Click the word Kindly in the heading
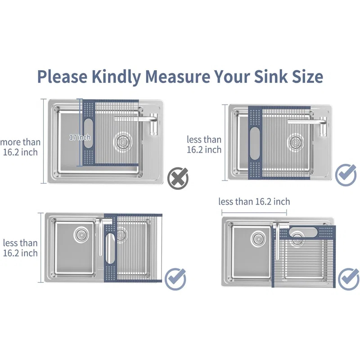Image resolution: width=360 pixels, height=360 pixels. point(116,76)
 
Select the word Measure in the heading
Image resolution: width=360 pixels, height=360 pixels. point(177,76)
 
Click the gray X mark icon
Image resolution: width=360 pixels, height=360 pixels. point(178,179)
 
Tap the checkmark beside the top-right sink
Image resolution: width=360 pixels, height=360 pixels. point(346,175)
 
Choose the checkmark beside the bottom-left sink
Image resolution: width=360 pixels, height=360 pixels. point(175,279)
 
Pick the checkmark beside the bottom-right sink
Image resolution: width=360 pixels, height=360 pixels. point(348,279)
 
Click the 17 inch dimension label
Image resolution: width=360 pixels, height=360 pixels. point(80,137)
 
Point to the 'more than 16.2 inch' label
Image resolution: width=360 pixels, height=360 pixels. point(20,147)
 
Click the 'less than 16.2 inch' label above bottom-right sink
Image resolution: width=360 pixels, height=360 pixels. point(254,202)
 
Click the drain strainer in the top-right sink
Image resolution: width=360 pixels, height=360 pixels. point(296,141)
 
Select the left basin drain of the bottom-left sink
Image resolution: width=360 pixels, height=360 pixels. point(81,234)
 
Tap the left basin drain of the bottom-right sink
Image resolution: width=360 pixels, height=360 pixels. point(258,239)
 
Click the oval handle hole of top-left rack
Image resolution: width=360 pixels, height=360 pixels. point(88,133)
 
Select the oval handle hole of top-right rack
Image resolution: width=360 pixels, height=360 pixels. point(255,143)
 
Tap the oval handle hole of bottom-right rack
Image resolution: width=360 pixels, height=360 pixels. point(303,232)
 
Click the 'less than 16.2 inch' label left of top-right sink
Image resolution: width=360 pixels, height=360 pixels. point(204,144)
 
